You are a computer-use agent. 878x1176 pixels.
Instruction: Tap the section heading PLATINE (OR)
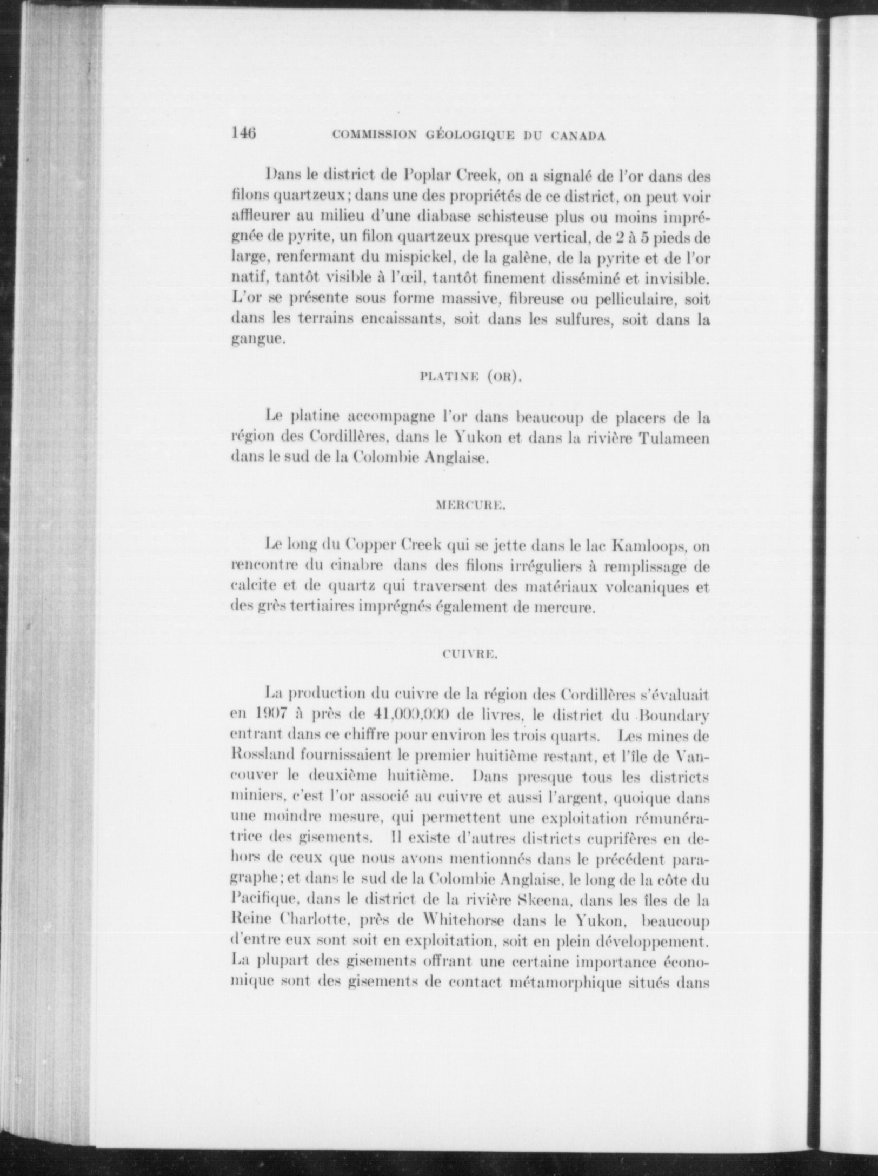coord(470,378)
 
